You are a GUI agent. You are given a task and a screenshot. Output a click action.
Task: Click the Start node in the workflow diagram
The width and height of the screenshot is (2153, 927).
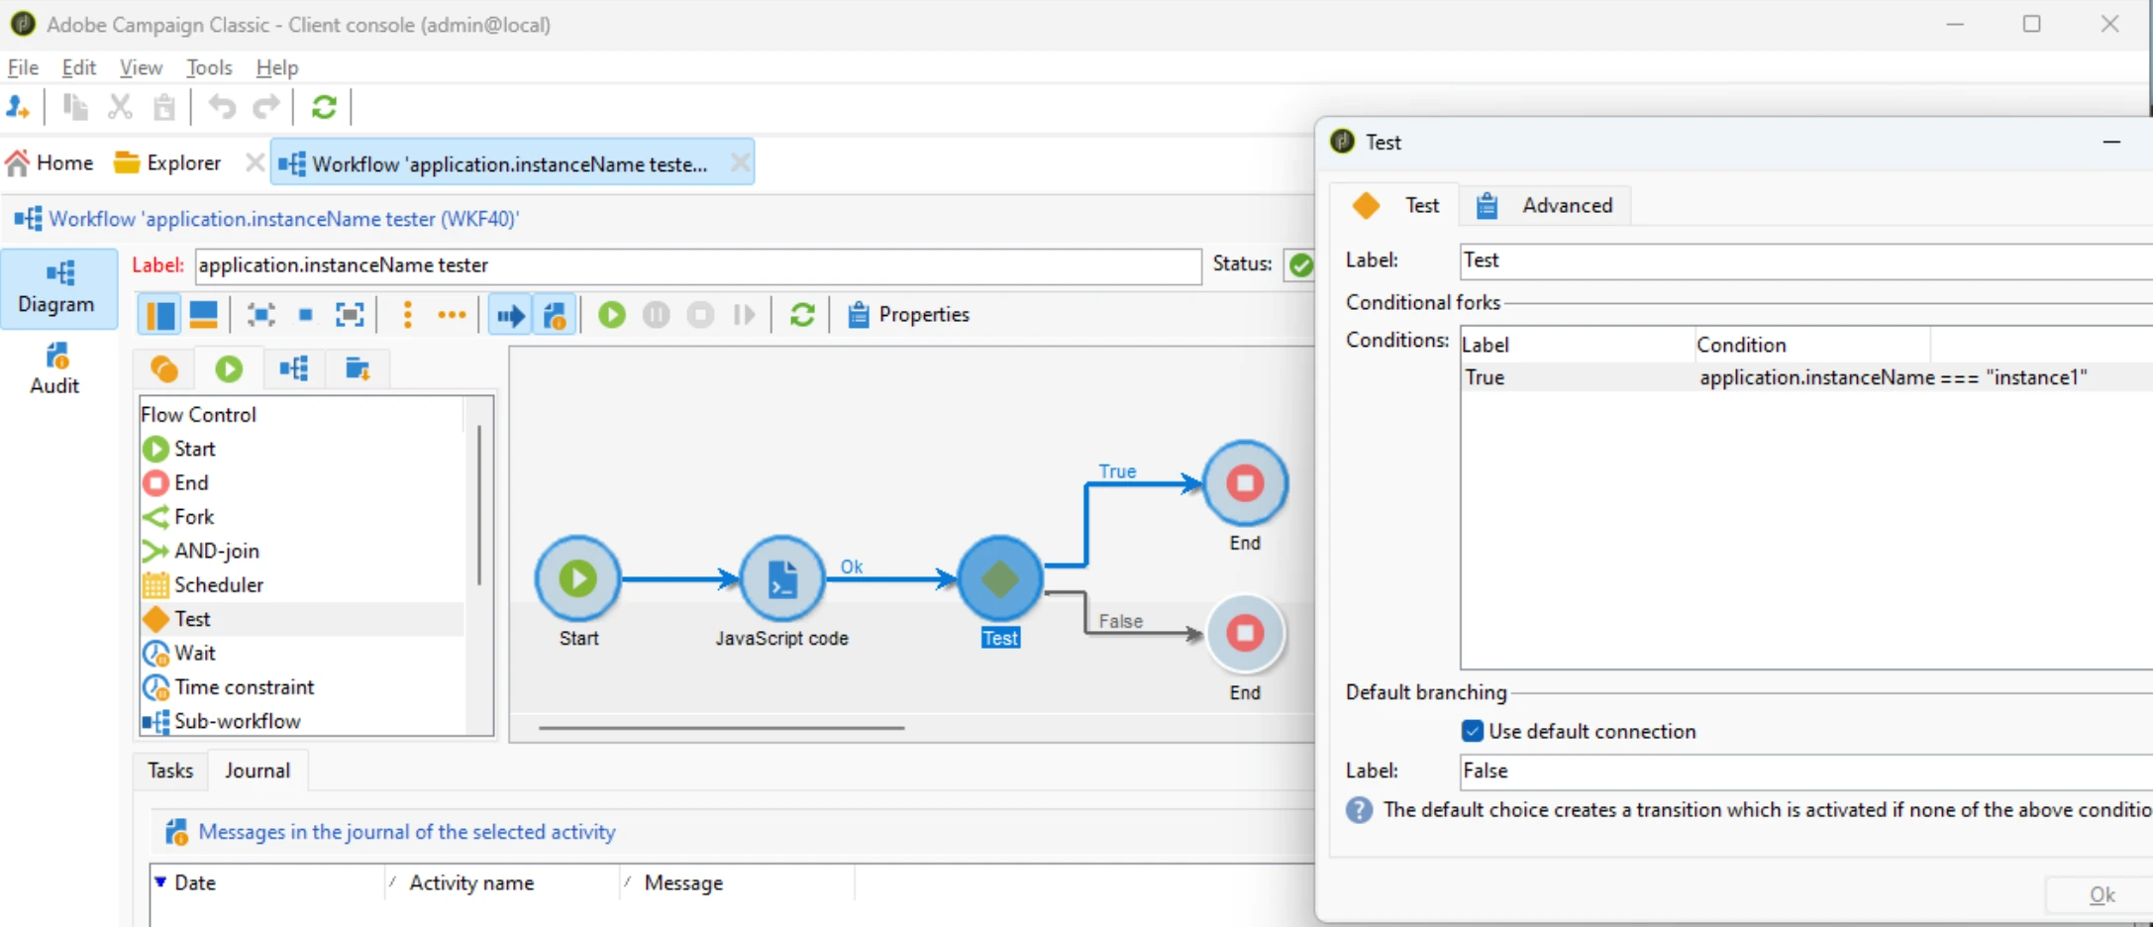(578, 578)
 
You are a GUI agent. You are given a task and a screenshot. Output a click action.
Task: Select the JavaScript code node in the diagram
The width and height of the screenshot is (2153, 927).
(782, 578)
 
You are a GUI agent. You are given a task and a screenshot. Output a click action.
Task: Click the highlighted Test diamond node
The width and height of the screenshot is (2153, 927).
(1000, 578)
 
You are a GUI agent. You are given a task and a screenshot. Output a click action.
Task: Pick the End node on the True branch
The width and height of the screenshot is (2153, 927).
(1245, 483)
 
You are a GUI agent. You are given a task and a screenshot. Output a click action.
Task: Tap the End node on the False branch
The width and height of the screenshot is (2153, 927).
(1245, 633)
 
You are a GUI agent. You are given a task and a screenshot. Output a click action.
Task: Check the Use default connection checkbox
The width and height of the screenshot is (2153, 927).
(1473, 731)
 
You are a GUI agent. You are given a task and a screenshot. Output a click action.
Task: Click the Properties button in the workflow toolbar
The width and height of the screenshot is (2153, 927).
(908, 314)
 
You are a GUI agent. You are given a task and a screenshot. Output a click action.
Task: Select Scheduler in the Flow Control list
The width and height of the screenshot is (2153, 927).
(218, 584)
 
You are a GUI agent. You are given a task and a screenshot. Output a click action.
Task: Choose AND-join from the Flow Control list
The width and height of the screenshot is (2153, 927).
(216, 551)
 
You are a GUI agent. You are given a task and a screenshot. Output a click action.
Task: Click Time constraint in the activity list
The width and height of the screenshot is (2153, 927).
(244, 686)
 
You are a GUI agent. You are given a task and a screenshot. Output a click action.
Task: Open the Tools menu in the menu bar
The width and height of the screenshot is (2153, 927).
(209, 67)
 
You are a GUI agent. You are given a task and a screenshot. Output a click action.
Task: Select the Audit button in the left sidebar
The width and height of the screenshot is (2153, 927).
(55, 368)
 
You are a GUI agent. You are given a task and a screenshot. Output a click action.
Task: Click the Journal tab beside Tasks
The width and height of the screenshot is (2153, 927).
(257, 771)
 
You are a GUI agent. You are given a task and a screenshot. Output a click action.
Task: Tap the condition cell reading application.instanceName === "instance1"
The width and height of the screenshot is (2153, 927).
(1893, 377)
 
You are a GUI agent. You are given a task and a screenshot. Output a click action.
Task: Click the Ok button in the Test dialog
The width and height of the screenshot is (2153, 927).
(2102, 895)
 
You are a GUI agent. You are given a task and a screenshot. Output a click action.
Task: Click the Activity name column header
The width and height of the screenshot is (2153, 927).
(471, 882)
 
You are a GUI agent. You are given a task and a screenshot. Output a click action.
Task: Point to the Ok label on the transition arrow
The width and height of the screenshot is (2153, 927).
(852, 566)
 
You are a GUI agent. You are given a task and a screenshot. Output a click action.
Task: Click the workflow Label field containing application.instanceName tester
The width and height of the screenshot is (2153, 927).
(697, 265)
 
